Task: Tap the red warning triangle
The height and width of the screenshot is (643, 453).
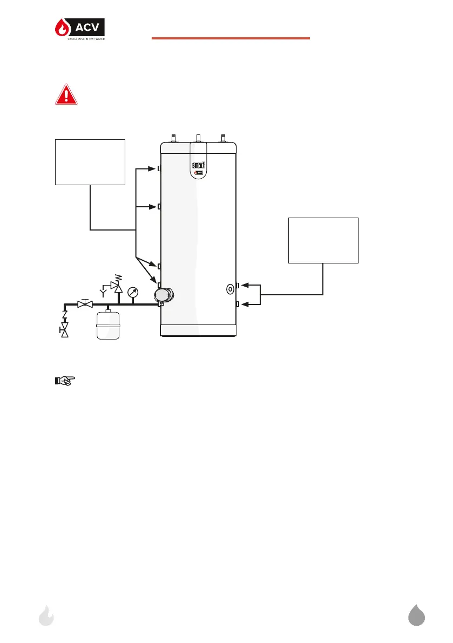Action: click(x=66, y=95)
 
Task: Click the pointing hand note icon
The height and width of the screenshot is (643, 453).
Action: click(x=64, y=381)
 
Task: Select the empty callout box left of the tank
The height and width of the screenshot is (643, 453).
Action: click(x=90, y=162)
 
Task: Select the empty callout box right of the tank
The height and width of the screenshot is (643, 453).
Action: click(x=323, y=240)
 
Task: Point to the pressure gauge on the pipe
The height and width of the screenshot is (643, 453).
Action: click(x=133, y=294)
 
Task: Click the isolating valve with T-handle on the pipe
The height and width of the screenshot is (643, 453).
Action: click(x=84, y=304)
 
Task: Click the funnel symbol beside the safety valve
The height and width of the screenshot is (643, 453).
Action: click(x=102, y=293)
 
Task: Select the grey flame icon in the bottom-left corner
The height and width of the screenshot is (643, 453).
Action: click(x=47, y=615)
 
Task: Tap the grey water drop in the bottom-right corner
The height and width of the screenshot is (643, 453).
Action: click(x=416, y=615)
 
